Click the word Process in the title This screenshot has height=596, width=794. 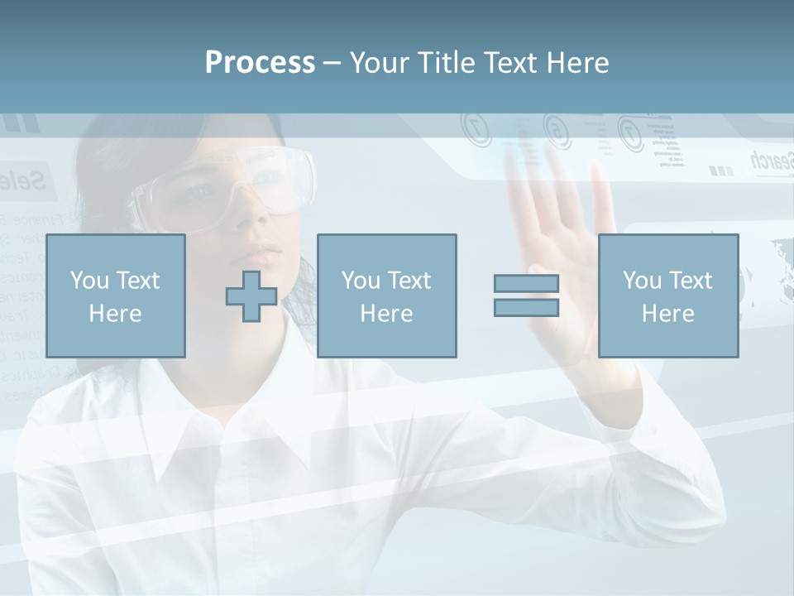260,63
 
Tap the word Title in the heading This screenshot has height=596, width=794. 447,63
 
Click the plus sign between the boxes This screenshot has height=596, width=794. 251,296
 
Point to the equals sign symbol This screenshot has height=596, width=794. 526,296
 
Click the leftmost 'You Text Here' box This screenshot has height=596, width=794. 116,296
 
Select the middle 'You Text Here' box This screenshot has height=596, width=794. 387,296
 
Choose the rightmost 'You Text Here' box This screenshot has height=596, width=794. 668,296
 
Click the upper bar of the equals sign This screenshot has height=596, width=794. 526,284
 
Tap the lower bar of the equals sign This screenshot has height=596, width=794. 526,308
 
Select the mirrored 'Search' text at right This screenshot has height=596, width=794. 771,161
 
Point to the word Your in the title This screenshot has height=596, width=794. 377,63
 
